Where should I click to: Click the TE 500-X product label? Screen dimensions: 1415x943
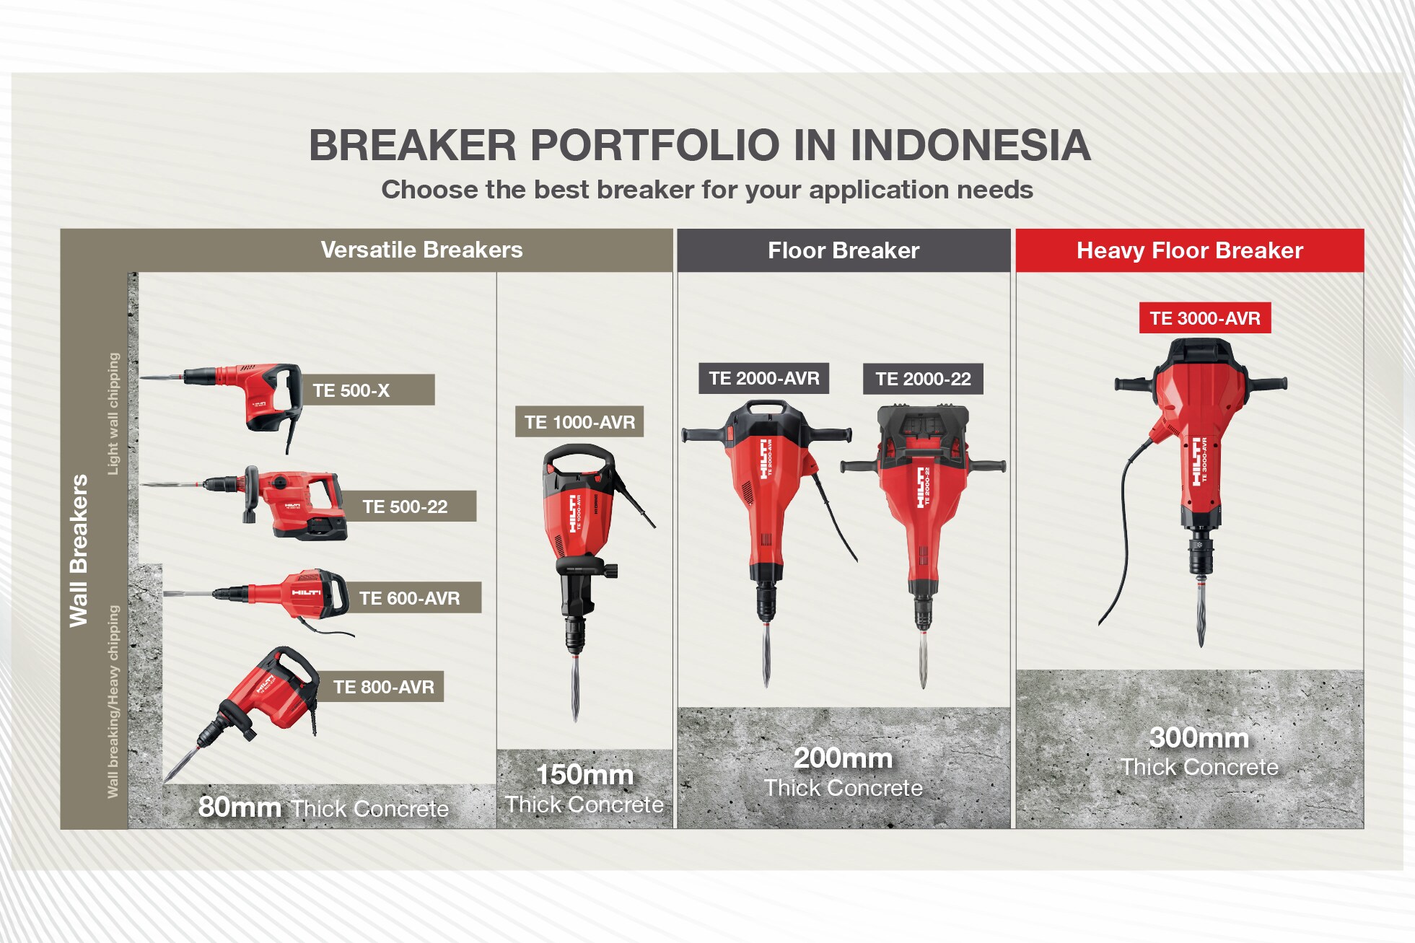pos(351,390)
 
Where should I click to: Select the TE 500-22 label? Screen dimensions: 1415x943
pos(405,506)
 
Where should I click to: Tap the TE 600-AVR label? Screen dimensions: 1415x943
pos(409,598)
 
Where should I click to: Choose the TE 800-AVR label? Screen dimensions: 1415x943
pos(384,687)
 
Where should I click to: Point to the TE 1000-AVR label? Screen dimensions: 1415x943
pos(579,422)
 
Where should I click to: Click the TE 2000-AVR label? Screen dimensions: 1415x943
pos(764,378)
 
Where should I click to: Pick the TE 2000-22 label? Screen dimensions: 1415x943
pos(924,379)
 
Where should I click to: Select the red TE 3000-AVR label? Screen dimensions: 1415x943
pos(1205,318)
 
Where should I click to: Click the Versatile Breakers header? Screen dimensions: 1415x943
pos(421,250)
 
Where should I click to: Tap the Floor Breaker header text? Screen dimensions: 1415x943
pos(844,250)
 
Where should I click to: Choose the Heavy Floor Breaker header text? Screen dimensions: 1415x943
pos(1190,250)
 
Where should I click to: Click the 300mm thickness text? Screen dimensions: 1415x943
pos(1199,737)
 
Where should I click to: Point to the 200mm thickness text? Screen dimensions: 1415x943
pos(843,758)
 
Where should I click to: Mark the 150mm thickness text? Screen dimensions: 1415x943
pos(584,775)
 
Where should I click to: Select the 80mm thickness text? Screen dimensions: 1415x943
pos(240,807)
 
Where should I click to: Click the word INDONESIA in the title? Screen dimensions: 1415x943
pos(971,145)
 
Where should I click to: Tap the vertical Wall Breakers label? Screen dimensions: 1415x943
pos(78,551)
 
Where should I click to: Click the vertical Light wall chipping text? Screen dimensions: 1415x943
pos(113,413)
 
